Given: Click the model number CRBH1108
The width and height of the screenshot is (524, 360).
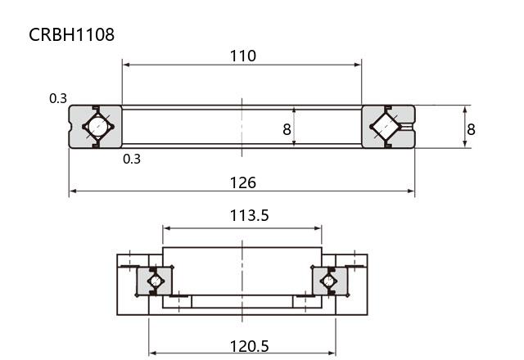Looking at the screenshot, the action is pos(71,34).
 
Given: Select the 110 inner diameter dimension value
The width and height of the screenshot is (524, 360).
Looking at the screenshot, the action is pos(243,56).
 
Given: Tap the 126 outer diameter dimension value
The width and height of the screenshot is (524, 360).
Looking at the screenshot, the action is pos(243,182).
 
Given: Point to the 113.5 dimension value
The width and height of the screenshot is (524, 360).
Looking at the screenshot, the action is pos(249,215).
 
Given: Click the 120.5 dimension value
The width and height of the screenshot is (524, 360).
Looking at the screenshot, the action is pos(249,346).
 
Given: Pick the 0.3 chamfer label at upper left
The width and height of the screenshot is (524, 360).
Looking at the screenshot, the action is pos(58,98).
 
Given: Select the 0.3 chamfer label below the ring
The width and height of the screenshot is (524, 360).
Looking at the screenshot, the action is pos(132,159).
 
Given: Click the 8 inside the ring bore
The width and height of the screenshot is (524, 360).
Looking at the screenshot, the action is pos(287,129).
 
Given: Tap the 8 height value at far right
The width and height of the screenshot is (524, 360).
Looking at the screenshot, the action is pos(471,129).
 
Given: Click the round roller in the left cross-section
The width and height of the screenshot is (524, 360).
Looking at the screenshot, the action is pos(98,127).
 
